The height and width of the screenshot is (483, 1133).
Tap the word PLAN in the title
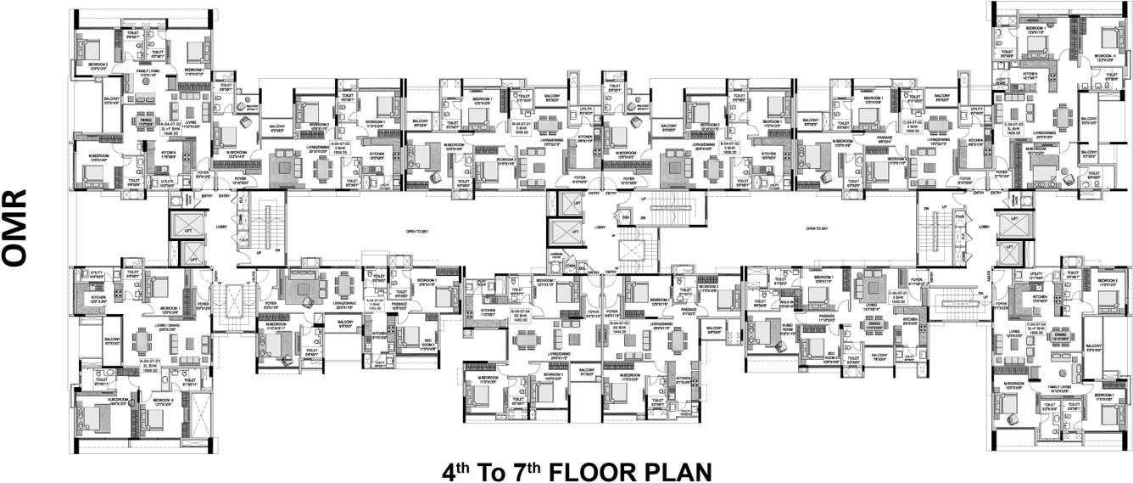666,469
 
